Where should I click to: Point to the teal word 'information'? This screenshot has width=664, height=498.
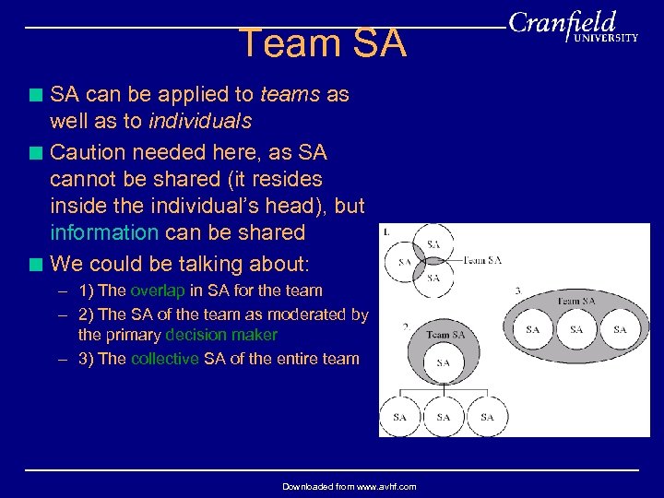tap(104, 231)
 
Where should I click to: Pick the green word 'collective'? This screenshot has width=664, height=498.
tap(164, 359)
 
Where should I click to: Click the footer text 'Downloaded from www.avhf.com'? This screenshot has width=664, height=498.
tap(349, 486)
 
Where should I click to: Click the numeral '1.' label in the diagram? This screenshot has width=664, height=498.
tap(385, 231)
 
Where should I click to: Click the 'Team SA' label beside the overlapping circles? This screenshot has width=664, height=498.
tap(482, 261)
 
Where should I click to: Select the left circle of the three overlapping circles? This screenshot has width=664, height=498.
tap(404, 262)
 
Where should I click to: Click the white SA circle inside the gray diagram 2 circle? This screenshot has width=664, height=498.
tap(443, 362)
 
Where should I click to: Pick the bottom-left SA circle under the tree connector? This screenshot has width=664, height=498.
tap(399, 417)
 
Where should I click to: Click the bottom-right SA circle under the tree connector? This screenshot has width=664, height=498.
tap(487, 417)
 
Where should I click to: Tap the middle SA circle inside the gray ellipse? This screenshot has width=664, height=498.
tap(576, 329)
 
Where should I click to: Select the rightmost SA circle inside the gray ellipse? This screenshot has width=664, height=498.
tap(620, 329)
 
